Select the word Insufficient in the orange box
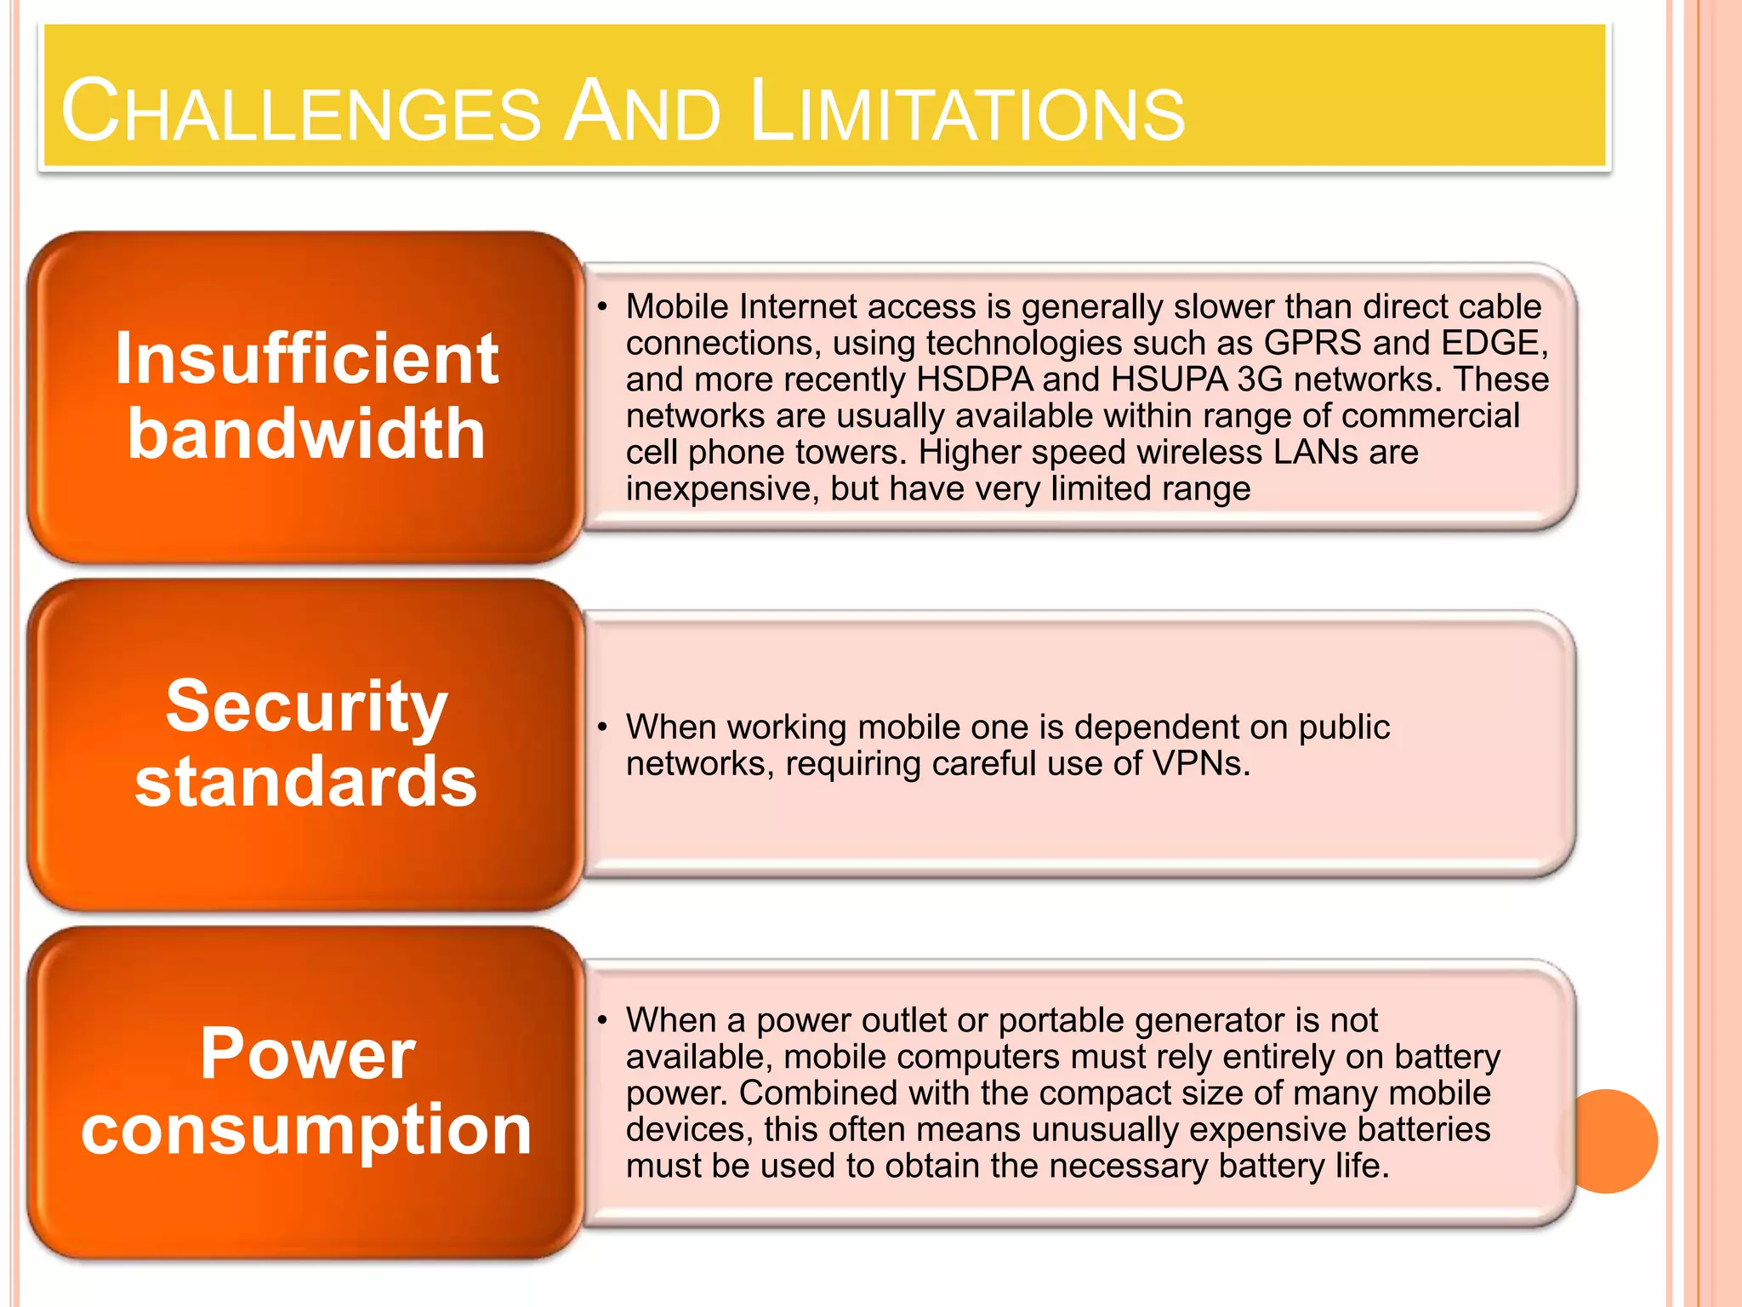coord(306,359)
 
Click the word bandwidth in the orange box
coord(306,434)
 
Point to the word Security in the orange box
coord(306,706)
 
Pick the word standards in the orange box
coord(306,781)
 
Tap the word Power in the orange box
coord(308,1053)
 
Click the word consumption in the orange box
coord(306,1130)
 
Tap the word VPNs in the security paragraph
coord(1200,764)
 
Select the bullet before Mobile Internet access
coord(602,307)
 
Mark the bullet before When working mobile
coord(602,728)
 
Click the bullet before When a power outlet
coord(602,1020)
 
